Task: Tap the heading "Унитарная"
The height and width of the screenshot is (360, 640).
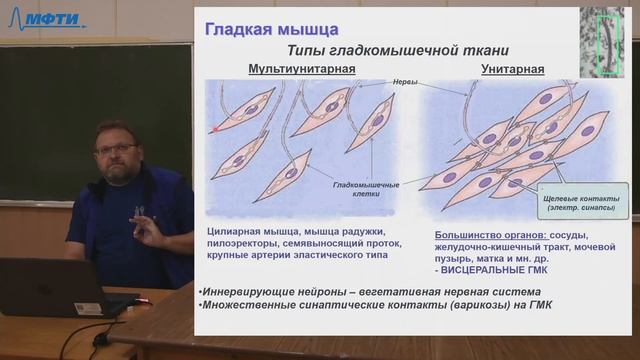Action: (512, 69)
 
